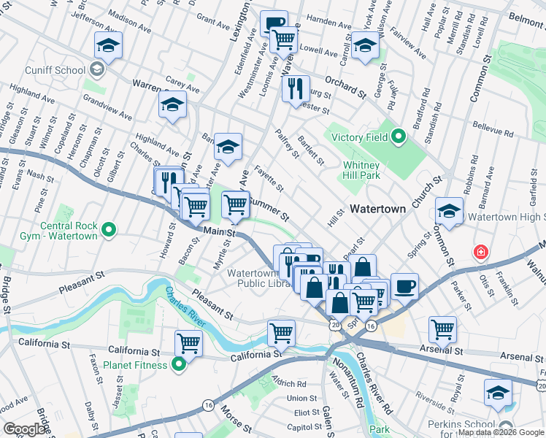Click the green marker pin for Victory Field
pos(398,137)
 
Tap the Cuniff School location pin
pos(96,70)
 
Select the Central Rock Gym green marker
pos(109,231)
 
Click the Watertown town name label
pos(377,209)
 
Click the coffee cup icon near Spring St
pos(404,286)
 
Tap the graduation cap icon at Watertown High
pos(449,212)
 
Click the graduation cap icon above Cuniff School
pos(108,47)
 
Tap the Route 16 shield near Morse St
pos(209,404)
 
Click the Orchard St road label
pos(345,88)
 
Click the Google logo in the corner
pos(24,429)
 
